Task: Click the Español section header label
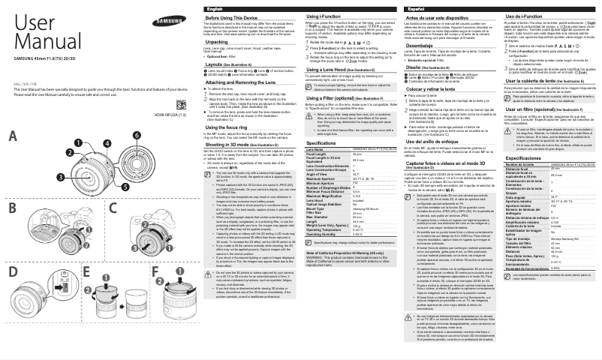[416, 7]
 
